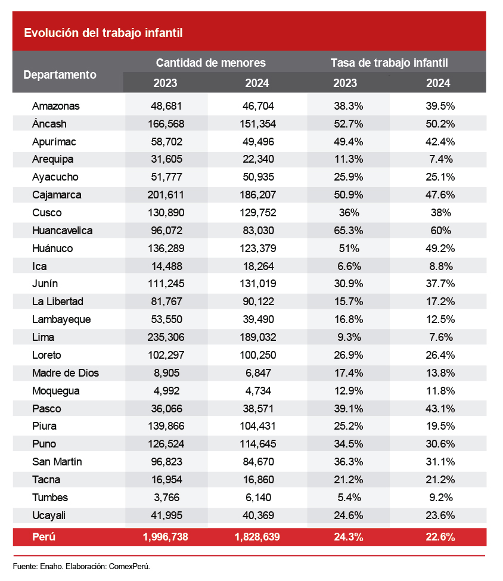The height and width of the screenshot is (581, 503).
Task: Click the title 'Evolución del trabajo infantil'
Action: pos(103,33)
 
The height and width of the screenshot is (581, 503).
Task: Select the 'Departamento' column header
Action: pos(60,74)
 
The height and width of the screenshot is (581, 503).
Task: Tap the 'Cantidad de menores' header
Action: pos(210,63)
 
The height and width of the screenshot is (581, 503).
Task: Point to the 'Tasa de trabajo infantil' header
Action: pos(389,63)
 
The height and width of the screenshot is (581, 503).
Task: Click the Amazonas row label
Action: pos(56,106)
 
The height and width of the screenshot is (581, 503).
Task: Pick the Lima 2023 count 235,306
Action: pos(165,337)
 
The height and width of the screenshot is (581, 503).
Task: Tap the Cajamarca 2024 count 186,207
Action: pos(257,195)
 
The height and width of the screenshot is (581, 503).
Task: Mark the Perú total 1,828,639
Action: pos(257,537)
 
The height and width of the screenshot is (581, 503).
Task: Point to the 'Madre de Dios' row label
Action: pos(66,373)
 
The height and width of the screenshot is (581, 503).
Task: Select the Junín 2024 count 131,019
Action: pos(257,284)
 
